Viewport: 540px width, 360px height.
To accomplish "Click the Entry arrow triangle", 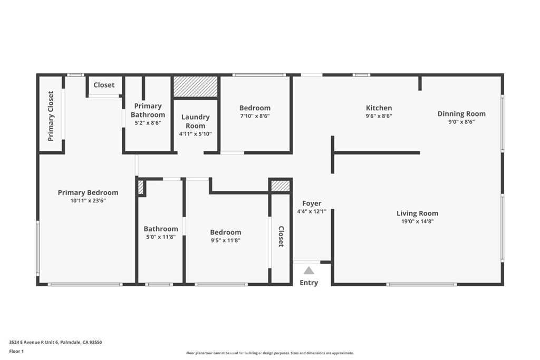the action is coord(308,270).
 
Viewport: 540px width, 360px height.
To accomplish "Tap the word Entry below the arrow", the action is coord(308,283).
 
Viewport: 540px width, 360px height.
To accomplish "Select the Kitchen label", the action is coord(379,108).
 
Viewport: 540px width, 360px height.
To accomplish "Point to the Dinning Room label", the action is coord(461,114).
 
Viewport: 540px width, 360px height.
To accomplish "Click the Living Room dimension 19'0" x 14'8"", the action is coord(418,221).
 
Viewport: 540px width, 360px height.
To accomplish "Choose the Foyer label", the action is coord(312,203).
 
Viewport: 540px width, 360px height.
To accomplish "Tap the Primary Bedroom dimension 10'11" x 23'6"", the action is coord(88,201).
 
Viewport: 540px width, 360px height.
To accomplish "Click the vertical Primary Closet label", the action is coord(51,116).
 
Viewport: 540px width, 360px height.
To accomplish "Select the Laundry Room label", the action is coord(195,121).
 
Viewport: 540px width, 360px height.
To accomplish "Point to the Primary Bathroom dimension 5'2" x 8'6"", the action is coord(148,123).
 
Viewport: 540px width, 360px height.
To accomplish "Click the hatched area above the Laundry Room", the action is coord(195,86).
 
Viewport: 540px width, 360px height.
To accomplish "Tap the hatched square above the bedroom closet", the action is coord(281,186).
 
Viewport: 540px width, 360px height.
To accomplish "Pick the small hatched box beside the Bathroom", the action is coord(140,187).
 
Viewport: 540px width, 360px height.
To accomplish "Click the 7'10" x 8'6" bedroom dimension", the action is coord(255,116).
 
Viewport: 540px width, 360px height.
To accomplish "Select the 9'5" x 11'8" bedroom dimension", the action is coord(226,240).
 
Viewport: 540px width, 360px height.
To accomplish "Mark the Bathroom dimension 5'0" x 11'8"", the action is coord(161,237).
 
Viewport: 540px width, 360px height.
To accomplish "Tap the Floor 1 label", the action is coord(16,352).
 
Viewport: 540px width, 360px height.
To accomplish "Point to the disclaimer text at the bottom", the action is coord(270,353).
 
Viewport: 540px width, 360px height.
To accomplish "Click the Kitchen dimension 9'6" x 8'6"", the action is coord(379,116).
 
